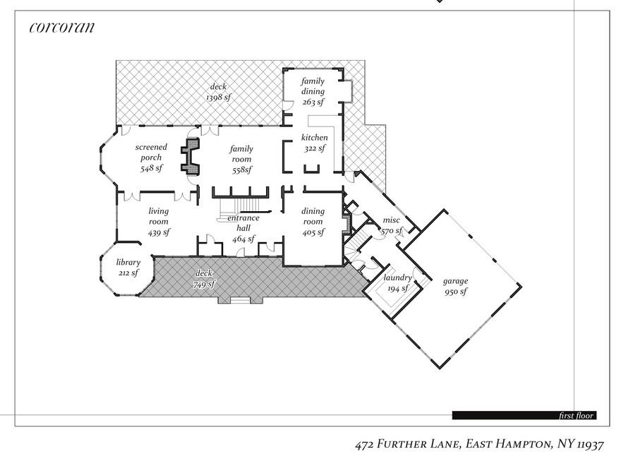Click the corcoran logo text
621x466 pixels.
tap(61, 28)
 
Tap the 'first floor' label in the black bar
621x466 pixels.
tap(576, 415)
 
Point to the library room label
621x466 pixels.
tap(128, 263)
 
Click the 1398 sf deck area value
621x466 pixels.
tap(219, 97)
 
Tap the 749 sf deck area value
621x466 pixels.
tap(203, 285)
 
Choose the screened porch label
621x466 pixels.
tap(150, 153)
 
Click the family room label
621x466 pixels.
tap(241, 154)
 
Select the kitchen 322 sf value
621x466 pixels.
tap(314, 148)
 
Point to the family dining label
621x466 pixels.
tap(313, 86)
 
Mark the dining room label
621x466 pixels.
tap(313, 216)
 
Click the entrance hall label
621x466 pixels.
tap(243, 223)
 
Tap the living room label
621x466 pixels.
tap(158, 216)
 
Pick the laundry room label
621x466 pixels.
tap(397, 277)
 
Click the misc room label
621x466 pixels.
tap(391, 220)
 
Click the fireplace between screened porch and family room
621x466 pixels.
tap(190, 155)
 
